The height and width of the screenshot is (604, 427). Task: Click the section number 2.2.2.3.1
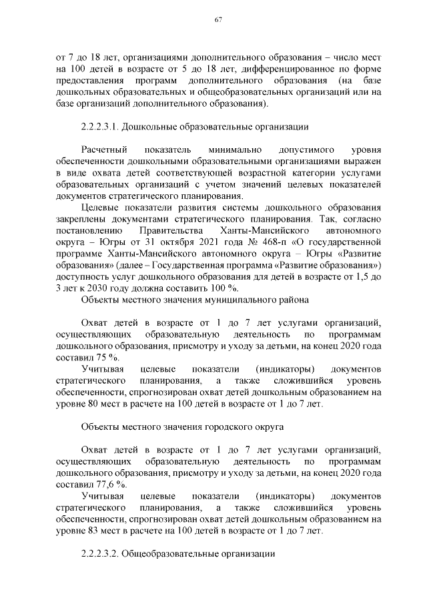(103, 125)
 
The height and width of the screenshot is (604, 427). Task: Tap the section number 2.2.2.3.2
(103, 554)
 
